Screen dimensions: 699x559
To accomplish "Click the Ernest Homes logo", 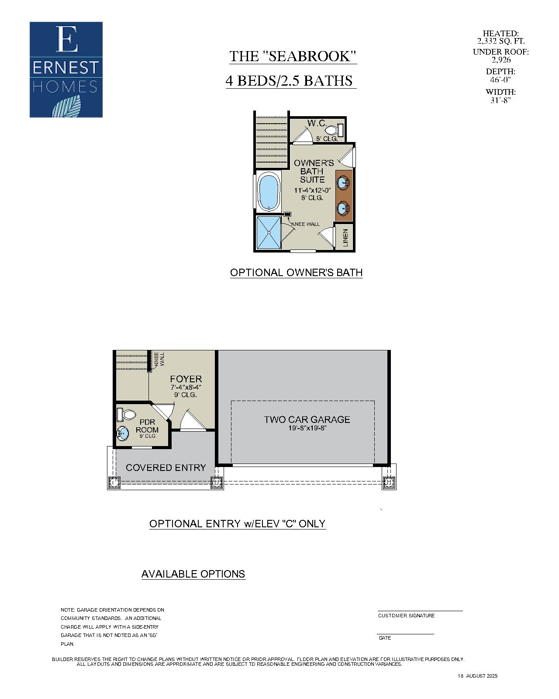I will [x=66, y=69].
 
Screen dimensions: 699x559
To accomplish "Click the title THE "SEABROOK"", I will [x=293, y=56].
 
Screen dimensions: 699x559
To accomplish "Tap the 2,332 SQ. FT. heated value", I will [x=500, y=41].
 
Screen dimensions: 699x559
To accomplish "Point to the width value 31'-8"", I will [x=500, y=100].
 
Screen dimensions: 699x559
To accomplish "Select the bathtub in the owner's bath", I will [x=269, y=191].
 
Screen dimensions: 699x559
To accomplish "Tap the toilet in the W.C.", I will [x=334, y=130].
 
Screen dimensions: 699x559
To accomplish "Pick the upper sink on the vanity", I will [x=344, y=182].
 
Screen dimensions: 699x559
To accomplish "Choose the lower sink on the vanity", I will [x=344, y=208].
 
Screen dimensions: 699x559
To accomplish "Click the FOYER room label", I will [x=186, y=379].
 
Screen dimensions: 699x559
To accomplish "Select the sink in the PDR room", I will [x=123, y=433].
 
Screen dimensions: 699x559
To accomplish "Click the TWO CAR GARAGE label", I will [x=307, y=419].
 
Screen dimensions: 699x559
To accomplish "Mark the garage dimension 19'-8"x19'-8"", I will [x=307, y=429].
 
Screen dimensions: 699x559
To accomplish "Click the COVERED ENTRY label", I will [x=166, y=467].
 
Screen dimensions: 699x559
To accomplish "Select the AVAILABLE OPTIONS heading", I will [x=193, y=574].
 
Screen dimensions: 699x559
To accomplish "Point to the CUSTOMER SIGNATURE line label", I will [x=406, y=616].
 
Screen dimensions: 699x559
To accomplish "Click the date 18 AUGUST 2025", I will [x=477, y=676].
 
